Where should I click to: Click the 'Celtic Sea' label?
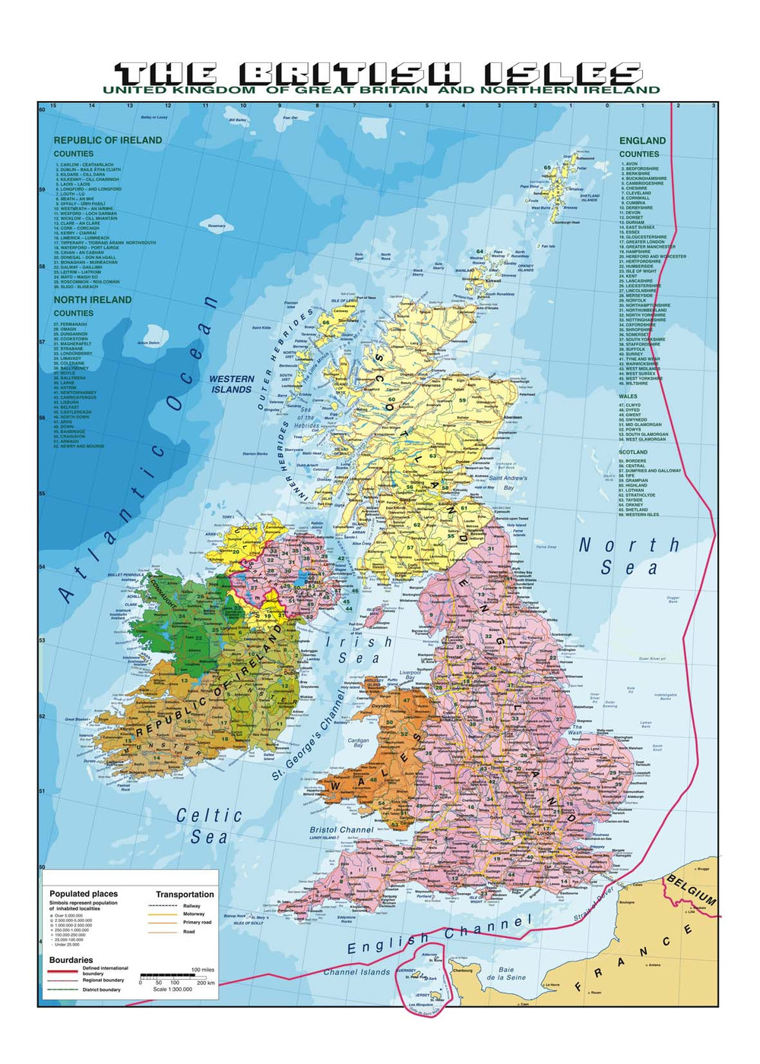209,826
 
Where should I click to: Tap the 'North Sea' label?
629,556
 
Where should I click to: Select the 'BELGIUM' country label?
691,888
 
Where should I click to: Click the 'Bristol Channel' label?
341,830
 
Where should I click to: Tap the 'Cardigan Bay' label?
358,743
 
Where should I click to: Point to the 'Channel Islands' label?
356,972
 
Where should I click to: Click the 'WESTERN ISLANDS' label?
232,384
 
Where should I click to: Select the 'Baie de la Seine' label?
506,974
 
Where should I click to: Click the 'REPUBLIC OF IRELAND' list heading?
107,140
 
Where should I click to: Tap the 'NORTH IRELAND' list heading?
92,300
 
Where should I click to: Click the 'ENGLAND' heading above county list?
642,140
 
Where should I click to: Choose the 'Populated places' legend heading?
84,894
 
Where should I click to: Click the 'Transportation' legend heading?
185,895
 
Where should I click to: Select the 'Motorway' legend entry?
193,914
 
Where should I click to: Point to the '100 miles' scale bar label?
202,970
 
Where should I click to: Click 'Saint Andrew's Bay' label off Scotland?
508,482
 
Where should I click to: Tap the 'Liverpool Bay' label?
410,676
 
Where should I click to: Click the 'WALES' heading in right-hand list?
628,396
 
